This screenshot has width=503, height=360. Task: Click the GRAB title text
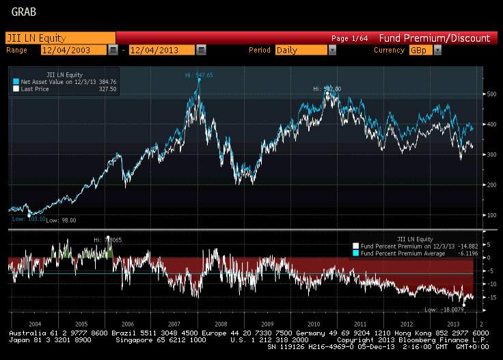24,12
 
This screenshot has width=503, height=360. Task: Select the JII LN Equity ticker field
60,38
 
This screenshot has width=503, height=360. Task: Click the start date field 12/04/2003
73,50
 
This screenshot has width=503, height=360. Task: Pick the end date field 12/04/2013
161,50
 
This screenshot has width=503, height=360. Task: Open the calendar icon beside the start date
113,50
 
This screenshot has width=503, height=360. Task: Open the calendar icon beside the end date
201,50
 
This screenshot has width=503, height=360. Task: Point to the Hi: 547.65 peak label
199,75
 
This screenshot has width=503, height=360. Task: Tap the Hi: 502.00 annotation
327,89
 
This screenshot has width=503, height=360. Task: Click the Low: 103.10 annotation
28,219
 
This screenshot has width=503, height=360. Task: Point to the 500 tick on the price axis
492,94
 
